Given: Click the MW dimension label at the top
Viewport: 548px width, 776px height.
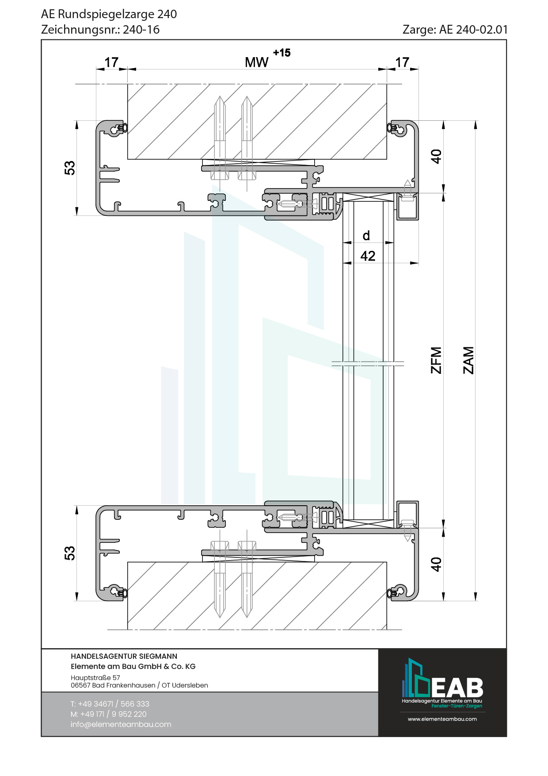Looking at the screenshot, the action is coord(256,62).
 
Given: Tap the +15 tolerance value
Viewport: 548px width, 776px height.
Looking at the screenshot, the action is coord(282,53).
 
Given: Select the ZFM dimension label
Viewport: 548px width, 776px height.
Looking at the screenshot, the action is coord(436,360).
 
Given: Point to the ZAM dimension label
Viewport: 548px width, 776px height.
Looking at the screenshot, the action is coord(468,360).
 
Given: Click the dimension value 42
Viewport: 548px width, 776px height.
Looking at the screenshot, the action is coord(368,256).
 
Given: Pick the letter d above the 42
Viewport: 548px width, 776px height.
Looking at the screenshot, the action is coord(366,235).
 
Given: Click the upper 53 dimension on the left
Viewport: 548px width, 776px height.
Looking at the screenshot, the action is coord(70,168).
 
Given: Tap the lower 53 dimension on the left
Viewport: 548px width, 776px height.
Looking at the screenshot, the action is coord(70,553).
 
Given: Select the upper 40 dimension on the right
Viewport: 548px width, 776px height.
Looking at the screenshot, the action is coord(436,157).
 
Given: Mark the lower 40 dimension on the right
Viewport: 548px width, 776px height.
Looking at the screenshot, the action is coord(436,565).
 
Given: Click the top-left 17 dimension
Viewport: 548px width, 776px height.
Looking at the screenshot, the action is coord(111,62).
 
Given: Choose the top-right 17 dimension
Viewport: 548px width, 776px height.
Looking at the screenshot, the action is coord(402,62).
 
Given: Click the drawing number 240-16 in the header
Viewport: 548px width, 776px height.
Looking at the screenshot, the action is coord(141,30).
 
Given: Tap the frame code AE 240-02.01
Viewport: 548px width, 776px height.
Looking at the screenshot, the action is coord(474,30).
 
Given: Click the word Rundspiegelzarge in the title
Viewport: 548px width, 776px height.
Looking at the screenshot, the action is coord(106,14).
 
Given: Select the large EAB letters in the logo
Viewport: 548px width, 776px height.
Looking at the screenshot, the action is coord(457,688).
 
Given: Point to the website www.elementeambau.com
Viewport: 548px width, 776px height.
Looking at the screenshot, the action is coord(442,719).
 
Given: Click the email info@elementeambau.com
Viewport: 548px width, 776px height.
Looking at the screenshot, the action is coord(121,724).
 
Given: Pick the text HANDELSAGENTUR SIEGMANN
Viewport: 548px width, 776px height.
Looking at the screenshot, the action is coord(124,656).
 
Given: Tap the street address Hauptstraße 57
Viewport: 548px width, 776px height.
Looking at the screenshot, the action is coord(95,677).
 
